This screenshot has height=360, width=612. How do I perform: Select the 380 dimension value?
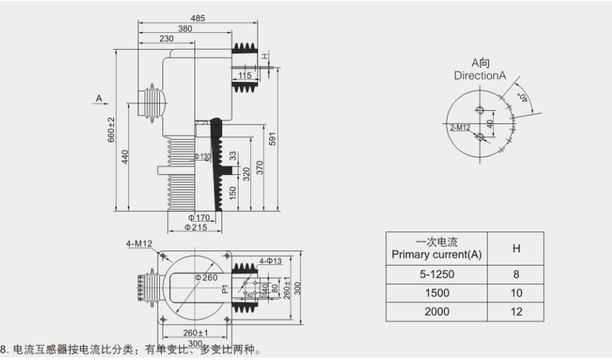tap(185, 29)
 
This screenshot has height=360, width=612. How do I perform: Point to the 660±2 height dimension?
tap(111, 130)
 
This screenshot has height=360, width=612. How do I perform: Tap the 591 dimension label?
tap(273, 139)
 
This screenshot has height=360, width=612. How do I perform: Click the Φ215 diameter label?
tap(196, 227)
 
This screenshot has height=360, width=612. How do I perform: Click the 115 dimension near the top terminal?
tap(245, 75)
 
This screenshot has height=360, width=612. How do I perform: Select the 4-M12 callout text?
tap(139, 244)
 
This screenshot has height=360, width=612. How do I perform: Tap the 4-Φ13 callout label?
tap(270, 261)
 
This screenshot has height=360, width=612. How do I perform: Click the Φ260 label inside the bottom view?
tap(206, 277)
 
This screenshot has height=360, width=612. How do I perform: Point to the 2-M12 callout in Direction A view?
tap(461, 126)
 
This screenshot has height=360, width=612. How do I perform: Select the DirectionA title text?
tap(480, 75)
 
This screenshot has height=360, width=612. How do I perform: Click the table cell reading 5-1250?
tap(436, 275)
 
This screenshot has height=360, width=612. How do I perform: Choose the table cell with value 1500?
tap(436, 293)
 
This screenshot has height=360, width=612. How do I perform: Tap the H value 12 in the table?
tap(516, 311)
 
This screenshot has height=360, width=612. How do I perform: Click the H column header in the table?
tap(516, 249)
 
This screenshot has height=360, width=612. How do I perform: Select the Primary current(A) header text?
tap(436, 254)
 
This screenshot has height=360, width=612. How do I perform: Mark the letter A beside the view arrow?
tap(99, 98)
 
